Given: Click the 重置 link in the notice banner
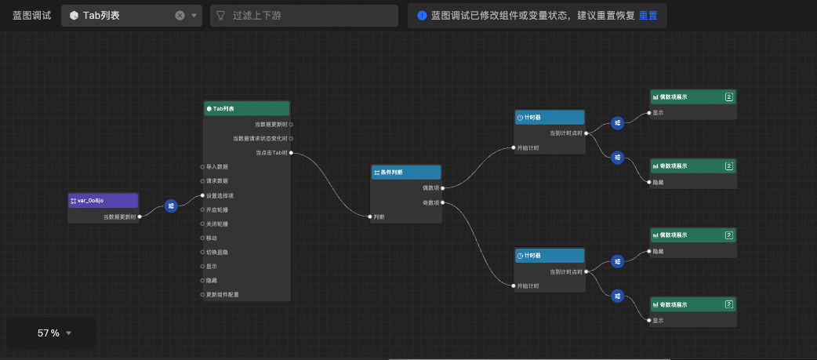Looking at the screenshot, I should [648, 16].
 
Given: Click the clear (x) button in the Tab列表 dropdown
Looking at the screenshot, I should [180, 16].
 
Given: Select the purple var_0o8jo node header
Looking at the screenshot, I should [103, 201].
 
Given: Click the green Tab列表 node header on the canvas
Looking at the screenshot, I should [246, 108].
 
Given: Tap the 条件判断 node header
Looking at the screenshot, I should [406, 173].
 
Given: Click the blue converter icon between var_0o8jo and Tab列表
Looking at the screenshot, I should [171, 205].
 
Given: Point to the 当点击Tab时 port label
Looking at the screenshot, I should [271, 153].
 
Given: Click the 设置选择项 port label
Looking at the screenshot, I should [220, 195].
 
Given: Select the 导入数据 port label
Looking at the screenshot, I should [216, 167].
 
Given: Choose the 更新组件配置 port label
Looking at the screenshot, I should [223, 294].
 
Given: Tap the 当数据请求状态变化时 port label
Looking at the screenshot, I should [260, 139].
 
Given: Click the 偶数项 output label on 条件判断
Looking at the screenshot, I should [430, 188].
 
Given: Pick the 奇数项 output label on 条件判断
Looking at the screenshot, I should [430, 202].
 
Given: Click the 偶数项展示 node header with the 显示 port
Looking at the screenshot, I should [693, 97].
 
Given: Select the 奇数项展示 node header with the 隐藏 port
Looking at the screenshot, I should [693, 166].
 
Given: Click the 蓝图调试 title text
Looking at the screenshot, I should [31, 16].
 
